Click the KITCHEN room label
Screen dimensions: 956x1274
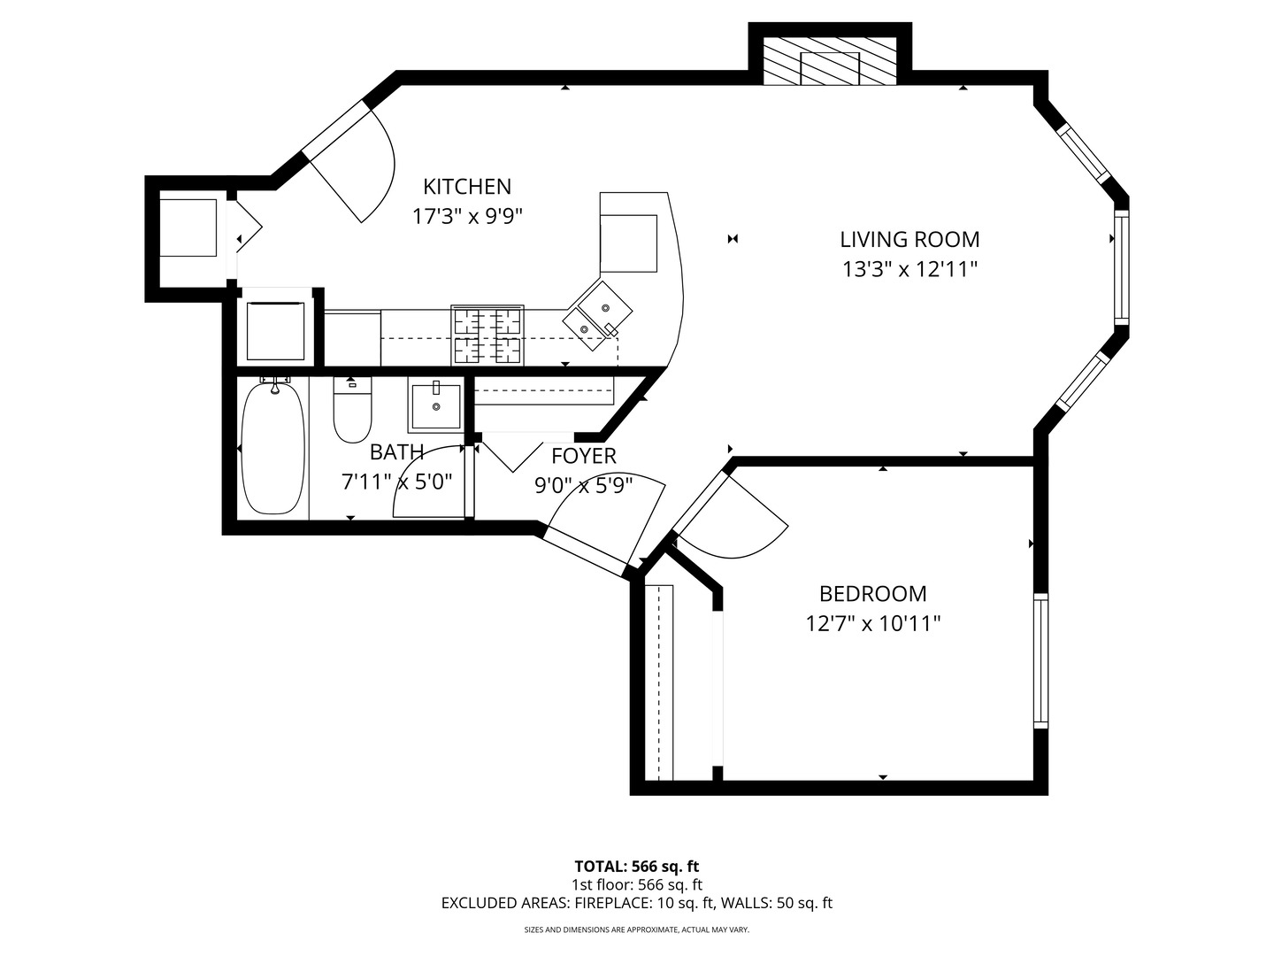(467, 187)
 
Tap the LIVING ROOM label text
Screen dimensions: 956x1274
(909, 239)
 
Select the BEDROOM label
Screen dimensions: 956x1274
(872, 594)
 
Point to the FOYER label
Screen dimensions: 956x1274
(583, 457)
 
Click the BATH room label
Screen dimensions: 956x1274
(396, 452)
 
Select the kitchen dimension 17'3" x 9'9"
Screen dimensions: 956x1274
(467, 216)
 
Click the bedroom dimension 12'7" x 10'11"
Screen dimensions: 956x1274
(872, 624)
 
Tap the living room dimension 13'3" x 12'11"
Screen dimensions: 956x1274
(909, 269)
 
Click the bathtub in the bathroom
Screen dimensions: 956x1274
(273, 448)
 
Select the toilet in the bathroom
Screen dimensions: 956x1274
(352, 411)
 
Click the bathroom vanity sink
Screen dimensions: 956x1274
(435, 405)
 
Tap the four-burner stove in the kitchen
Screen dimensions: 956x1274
(487, 335)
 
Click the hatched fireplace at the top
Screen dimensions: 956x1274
(830, 62)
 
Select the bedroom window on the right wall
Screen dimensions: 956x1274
(1040, 660)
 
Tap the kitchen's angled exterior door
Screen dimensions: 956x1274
(354, 168)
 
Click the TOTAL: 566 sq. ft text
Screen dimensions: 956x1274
(636, 867)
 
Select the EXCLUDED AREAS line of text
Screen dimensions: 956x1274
(636, 904)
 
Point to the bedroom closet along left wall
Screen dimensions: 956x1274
(659, 682)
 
